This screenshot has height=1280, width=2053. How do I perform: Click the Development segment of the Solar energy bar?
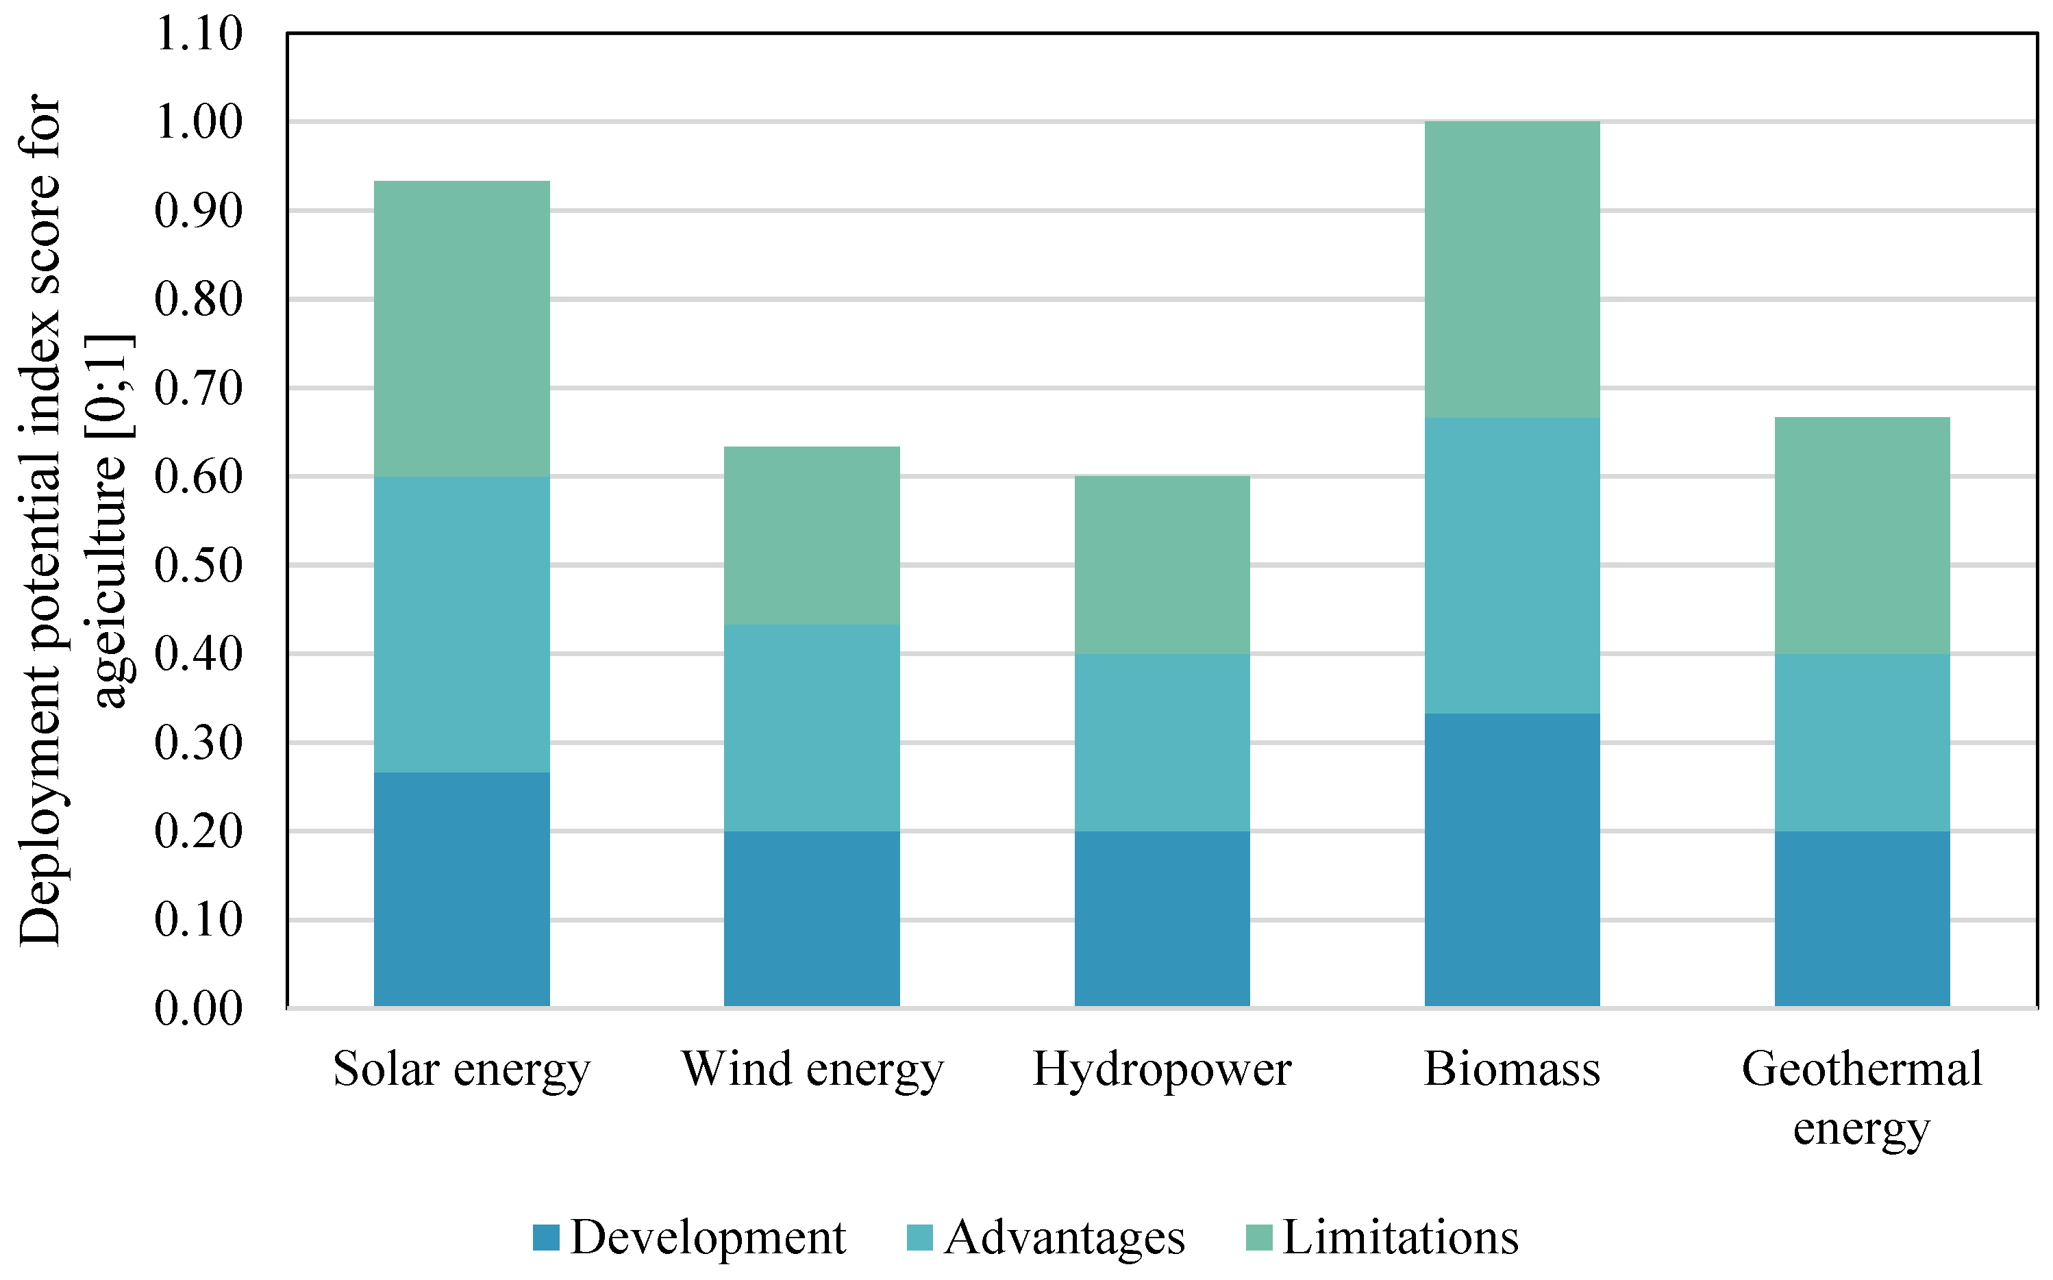(x=462, y=889)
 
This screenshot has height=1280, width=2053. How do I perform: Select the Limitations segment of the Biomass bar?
(x=1512, y=269)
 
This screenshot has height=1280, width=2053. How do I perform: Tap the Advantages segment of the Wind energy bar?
(x=811, y=728)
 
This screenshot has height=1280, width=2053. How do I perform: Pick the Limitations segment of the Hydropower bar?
(x=1162, y=564)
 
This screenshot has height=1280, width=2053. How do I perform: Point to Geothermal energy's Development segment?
(x=1862, y=918)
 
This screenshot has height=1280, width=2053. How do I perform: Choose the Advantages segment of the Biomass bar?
(x=1512, y=566)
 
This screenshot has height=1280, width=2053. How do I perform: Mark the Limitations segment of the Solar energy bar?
(x=462, y=329)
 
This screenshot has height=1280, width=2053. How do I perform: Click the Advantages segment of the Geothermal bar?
(x=1862, y=742)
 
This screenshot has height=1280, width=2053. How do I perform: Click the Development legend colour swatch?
(x=546, y=1238)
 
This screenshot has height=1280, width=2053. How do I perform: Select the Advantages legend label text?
(x=1064, y=1238)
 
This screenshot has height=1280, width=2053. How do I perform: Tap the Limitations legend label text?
(x=1400, y=1238)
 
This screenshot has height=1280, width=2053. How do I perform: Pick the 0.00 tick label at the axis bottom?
(x=198, y=1008)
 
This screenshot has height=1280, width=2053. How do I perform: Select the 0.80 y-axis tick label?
(x=198, y=300)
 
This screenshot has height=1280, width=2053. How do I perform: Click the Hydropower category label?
(x=1162, y=1069)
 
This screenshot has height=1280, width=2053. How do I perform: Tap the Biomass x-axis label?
(x=1512, y=1069)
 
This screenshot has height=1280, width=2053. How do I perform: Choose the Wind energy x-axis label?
(x=811, y=1069)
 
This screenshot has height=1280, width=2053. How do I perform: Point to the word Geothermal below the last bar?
(x=1862, y=1069)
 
